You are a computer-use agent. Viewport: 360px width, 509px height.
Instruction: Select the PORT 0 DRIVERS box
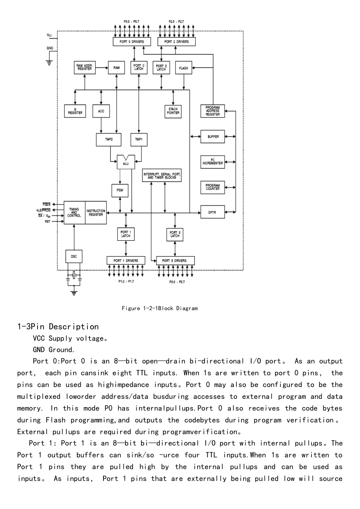coord(131,42)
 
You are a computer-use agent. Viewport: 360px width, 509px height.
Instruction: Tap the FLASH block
coord(183,68)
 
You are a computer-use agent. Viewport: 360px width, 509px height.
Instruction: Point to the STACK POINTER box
coord(173,111)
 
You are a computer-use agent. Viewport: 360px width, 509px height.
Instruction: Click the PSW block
coord(120,190)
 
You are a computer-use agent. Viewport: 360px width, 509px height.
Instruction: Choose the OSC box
coord(74,256)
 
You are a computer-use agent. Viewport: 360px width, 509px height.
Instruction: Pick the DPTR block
coord(212,212)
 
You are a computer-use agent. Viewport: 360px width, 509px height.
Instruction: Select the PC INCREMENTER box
coord(212,162)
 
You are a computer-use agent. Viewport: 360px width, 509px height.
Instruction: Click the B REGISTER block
coord(75,111)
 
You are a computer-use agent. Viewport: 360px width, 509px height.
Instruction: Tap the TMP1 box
coord(139,139)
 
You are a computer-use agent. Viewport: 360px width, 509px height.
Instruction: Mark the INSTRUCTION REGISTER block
coord(96,213)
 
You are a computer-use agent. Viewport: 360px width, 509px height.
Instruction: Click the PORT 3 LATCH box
coord(175,234)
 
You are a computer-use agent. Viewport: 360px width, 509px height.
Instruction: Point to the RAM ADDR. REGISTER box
coord(85,67)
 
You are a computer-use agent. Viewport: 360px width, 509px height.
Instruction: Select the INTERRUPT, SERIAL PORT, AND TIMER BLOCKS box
coord(162,176)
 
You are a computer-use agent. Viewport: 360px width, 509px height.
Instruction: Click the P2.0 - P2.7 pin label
coord(176,22)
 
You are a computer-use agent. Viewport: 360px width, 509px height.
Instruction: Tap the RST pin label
coord(47,222)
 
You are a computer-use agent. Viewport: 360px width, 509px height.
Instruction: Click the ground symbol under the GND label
coord(49,62)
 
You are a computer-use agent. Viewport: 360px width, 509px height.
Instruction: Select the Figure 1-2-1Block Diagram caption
coord(160,308)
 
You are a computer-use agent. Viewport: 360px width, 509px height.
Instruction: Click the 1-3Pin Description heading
coord(58,327)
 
